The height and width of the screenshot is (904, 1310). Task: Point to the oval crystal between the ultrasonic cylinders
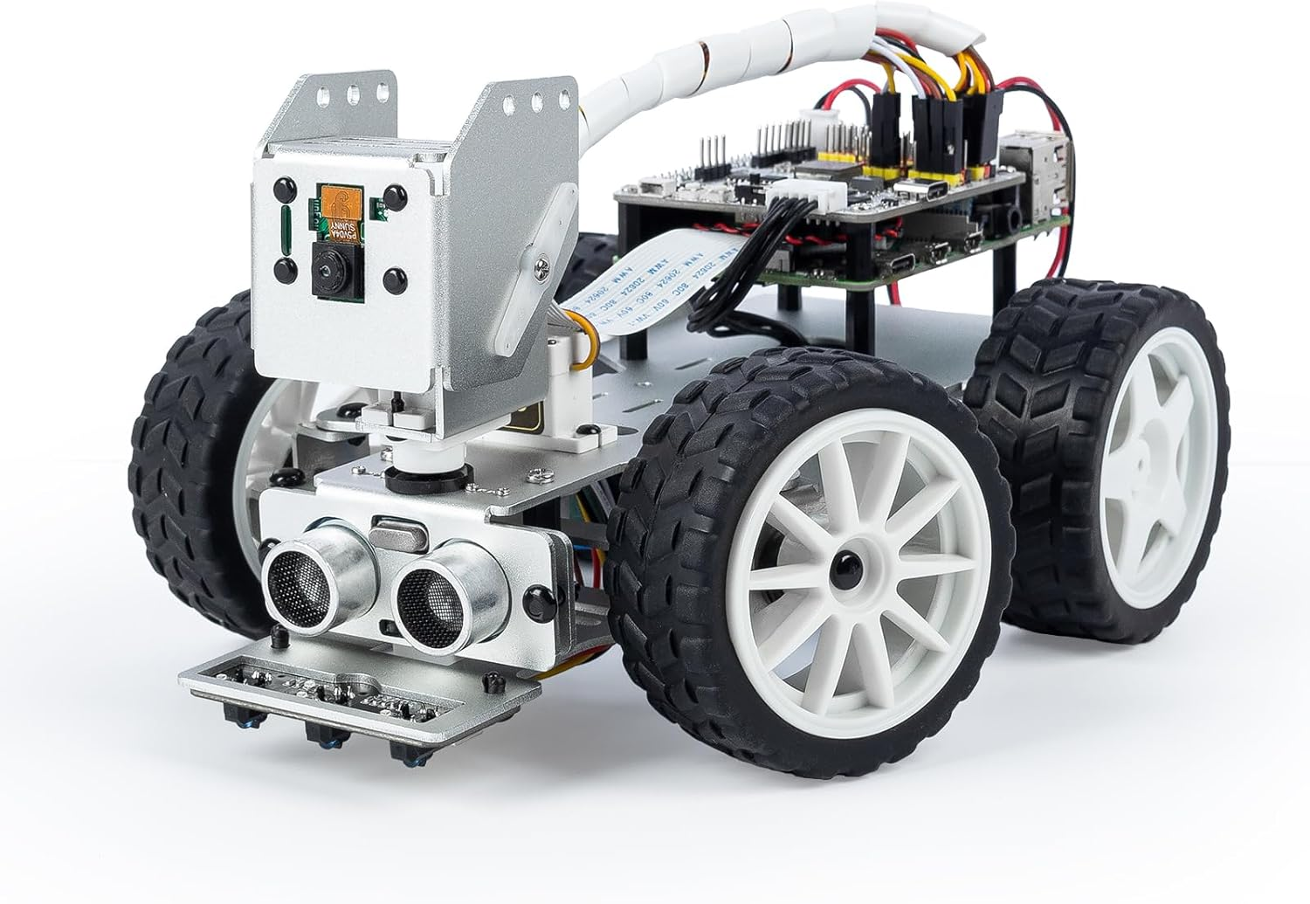pos(389,529)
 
